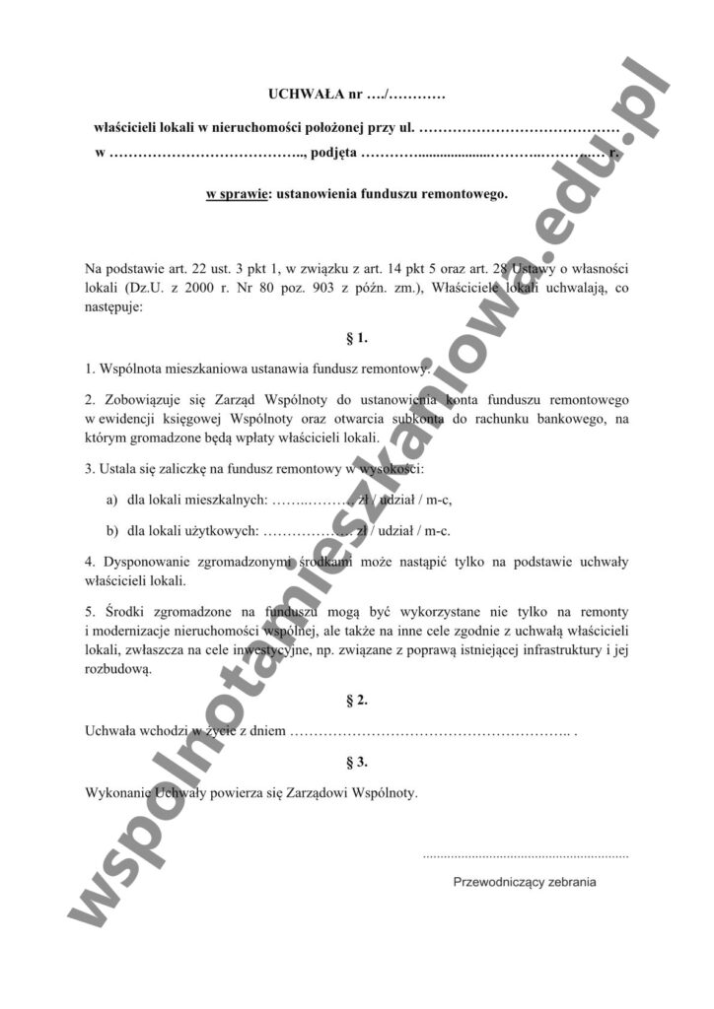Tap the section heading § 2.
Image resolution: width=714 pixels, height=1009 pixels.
click(x=357, y=701)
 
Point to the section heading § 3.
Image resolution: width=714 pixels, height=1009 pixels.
click(x=357, y=762)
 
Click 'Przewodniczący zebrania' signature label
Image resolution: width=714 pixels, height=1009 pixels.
click(x=525, y=882)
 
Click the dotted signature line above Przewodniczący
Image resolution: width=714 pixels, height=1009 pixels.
click(x=525, y=856)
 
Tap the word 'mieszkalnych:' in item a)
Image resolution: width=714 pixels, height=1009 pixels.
click(x=213, y=500)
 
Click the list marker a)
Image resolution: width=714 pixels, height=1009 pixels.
click(x=111, y=500)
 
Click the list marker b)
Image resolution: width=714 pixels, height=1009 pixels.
click(x=111, y=531)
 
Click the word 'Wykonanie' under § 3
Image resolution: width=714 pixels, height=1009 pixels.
click(x=115, y=792)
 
